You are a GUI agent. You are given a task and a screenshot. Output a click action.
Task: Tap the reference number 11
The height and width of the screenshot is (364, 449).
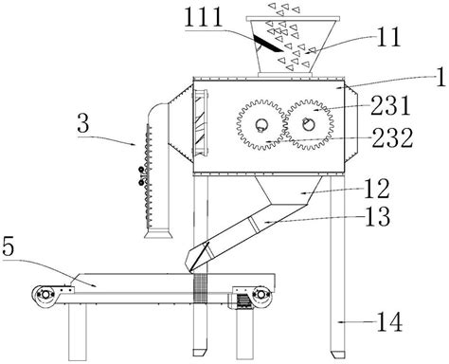coord(388,37)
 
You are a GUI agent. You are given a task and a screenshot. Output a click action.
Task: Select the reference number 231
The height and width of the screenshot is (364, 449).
coord(391,105)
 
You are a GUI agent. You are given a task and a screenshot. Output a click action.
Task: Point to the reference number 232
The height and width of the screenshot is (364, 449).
coord(392,137)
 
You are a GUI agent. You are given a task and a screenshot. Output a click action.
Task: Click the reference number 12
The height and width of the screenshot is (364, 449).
coord(377,189)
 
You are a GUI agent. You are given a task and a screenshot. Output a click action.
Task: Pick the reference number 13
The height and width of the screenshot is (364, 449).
coord(378,216)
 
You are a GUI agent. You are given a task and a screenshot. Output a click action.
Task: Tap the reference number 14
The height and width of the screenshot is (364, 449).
coord(389,322)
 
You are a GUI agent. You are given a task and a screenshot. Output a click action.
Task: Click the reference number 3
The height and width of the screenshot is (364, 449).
coord(83,124)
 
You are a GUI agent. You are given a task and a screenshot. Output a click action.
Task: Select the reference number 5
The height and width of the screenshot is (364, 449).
coord(9,246)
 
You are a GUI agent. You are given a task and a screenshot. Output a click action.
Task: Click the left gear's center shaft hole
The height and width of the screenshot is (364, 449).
coord(261,125)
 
